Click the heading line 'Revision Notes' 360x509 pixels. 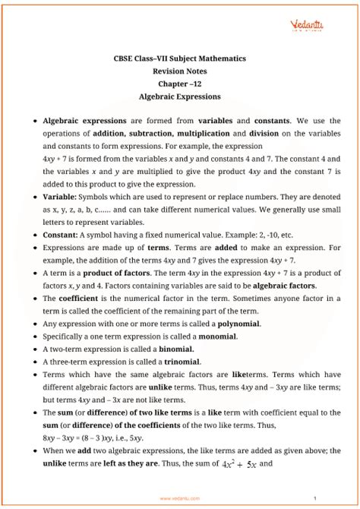pyautogui.click(x=180, y=72)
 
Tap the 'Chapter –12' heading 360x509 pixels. pyautogui.click(x=180, y=84)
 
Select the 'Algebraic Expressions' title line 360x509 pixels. pyautogui.click(x=180, y=96)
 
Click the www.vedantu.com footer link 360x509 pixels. pyautogui.click(x=180, y=498)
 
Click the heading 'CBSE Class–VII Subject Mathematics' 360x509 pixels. pyautogui.click(x=180, y=60)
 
